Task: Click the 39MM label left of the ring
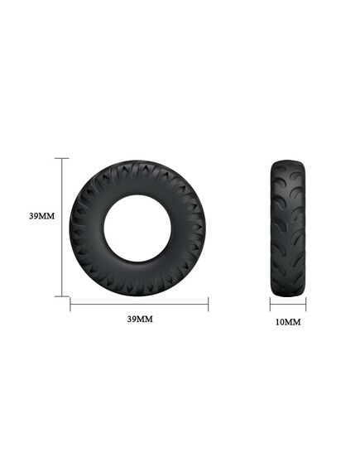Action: coord(41,217)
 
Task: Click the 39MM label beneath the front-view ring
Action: coord(139,319)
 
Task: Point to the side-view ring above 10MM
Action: coord(287,227)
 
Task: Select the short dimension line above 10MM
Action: coord(287,305)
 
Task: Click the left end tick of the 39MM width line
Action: coord(70,305)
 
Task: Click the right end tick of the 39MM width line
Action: coord(208,305)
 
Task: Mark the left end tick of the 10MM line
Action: coord(271,305)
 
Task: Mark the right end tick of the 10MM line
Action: coord(305,305)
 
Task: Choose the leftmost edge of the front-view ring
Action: coord(71,227)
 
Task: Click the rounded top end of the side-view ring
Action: coord(287,161)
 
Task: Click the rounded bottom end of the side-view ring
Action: coord(287,292)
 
